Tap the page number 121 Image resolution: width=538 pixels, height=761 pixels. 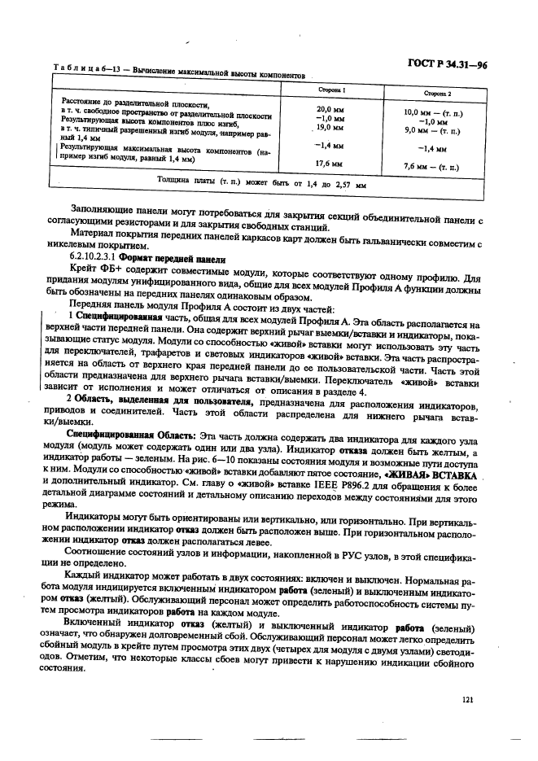coord(467,698)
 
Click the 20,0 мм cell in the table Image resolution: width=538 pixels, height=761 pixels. coord(330,109)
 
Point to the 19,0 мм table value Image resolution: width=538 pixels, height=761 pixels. coord(330,128)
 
